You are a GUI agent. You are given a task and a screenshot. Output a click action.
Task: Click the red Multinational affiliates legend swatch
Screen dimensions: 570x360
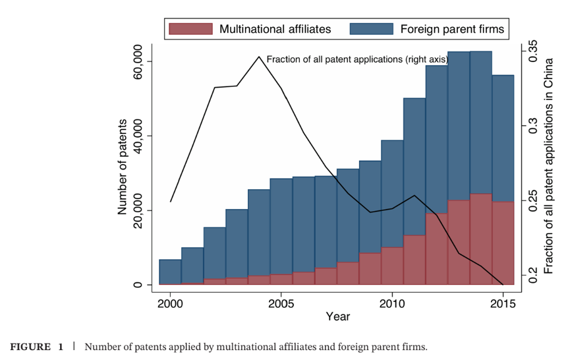(191, 29)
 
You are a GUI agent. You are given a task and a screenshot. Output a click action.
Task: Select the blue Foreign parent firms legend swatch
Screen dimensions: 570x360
(372, 29)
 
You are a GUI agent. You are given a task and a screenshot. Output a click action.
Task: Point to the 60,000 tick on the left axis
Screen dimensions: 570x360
(138, 61)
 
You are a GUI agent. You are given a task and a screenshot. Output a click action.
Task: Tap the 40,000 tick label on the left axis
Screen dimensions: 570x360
(138, 136)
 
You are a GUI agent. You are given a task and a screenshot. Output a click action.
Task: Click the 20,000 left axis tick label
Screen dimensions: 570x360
(138, 210)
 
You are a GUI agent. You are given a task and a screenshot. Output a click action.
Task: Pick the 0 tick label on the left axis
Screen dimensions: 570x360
(138, 285)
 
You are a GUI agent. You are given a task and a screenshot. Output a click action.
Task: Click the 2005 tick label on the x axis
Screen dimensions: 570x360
(281, 304)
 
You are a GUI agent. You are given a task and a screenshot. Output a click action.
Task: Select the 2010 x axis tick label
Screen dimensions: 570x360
(392, 304)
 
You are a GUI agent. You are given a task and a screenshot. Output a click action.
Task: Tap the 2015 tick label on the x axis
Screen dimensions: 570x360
(503, 304)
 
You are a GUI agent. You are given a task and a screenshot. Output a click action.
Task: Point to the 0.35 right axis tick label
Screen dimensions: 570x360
(532, 51)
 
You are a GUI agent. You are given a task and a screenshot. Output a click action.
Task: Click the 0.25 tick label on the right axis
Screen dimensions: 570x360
(532, 200)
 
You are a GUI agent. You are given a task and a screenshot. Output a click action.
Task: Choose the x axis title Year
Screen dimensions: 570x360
(337, 316)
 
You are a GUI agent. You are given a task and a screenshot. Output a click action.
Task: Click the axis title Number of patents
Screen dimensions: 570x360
(122, 167)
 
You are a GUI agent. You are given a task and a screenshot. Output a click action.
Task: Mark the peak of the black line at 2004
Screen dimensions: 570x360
(259, 57)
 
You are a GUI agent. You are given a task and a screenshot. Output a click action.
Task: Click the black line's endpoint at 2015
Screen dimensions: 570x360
(503, 284)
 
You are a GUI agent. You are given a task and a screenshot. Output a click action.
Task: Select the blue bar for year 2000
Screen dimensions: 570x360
(170, 272)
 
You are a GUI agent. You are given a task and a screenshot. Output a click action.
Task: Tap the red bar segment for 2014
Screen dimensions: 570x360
(480, 239)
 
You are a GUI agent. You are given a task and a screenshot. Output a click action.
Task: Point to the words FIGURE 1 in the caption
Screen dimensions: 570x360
(37, 347)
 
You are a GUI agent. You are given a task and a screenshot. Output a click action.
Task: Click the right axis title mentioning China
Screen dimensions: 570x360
(548, 165)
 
